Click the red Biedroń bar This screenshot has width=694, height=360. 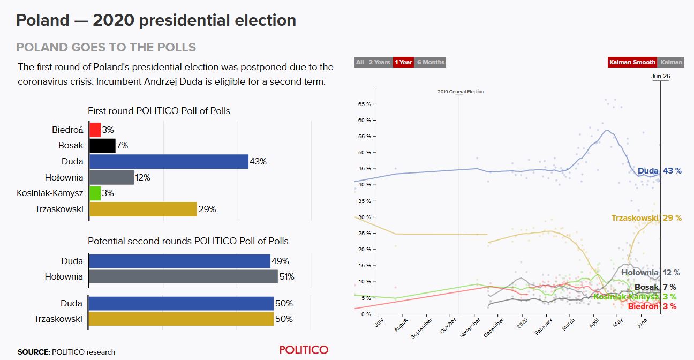[x=95, y=130]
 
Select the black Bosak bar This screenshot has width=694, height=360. [x=102, y=145]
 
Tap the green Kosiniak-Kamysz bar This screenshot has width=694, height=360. [x=95, y=193]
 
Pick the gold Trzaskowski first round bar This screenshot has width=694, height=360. [x=142, y=209]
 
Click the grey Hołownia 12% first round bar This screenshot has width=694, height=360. [x=111, y=177]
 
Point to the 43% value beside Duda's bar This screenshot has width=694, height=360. [x=258, y=161]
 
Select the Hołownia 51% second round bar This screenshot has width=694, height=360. [x=183, y=277]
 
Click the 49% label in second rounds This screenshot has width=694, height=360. [x=280, y=261]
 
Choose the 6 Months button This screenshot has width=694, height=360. [x=431, y=62]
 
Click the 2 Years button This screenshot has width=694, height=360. [x=379, y=62]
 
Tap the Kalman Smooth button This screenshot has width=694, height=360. [x=632, y=62]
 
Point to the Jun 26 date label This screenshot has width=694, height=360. [x=660, y=76]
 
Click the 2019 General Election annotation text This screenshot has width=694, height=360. [x=461, y=92]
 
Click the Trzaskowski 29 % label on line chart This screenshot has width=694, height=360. [x=646, y=218]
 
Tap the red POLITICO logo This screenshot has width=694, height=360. [x=304, y=350]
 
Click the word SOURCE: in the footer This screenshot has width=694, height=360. [x=34, y=352]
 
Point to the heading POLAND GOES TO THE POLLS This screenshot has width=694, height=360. [x=106, y=47]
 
